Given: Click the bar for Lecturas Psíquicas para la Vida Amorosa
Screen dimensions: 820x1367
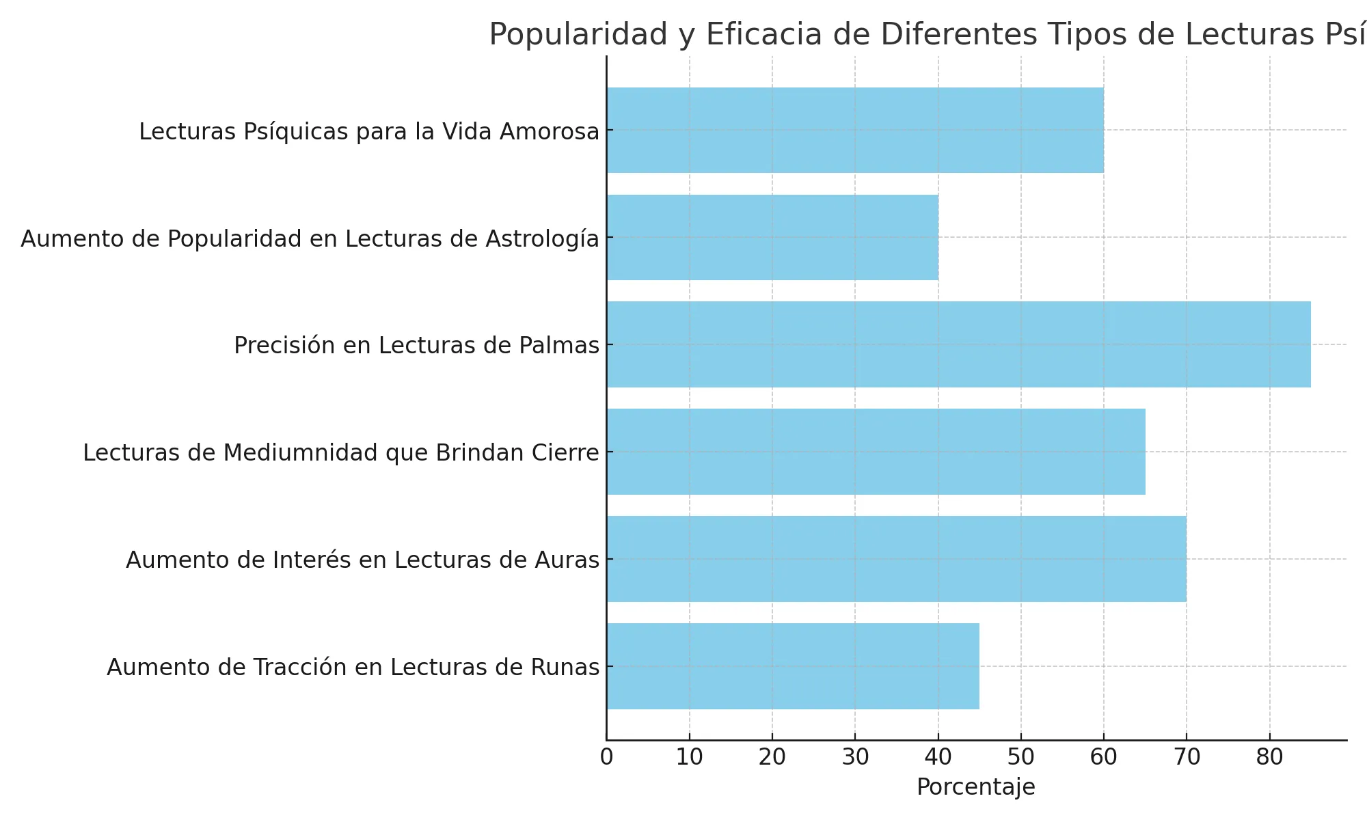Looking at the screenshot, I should [x=854, y=130].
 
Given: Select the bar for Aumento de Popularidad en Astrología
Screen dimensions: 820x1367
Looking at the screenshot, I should [x=772, y=237].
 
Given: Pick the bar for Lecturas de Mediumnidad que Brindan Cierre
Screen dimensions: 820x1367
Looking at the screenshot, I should [x=876, y=452].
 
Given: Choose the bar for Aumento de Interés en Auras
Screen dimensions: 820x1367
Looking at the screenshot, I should [x=896, y=559].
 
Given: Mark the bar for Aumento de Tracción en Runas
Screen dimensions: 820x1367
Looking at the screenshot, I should [x=793, y=666].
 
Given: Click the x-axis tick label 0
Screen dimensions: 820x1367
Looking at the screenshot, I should [x=606, y=757].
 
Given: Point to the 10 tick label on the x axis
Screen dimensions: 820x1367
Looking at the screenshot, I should [x=689, y=757].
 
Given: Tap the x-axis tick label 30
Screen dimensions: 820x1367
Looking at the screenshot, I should [x=855, y=757].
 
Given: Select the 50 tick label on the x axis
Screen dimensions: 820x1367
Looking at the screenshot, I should [x=1021, y=757].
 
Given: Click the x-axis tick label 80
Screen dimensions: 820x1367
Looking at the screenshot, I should [x=1270, y=757].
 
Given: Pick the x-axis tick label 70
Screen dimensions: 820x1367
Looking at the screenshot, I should [x=1187, y=757].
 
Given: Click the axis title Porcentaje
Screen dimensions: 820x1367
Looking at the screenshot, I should [x=976, y=787].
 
